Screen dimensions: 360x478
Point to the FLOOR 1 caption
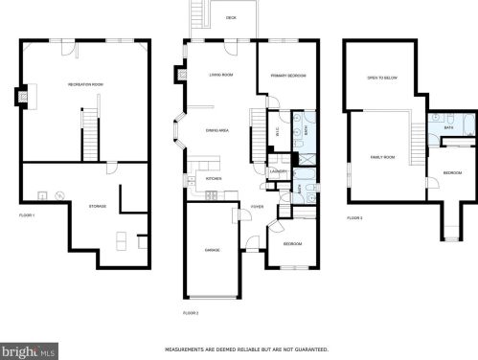coord(27,215)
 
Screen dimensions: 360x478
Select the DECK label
coord(231,17)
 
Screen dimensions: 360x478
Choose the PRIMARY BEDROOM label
coord(287,75)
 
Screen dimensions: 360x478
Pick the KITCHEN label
coord(215,178)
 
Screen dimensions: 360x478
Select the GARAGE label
coord(212,250)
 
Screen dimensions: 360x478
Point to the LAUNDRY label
coord(280,172)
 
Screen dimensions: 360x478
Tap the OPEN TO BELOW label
coord(380,78)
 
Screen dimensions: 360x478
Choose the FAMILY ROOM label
coord(383,156)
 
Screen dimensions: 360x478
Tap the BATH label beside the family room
coord(448,127)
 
